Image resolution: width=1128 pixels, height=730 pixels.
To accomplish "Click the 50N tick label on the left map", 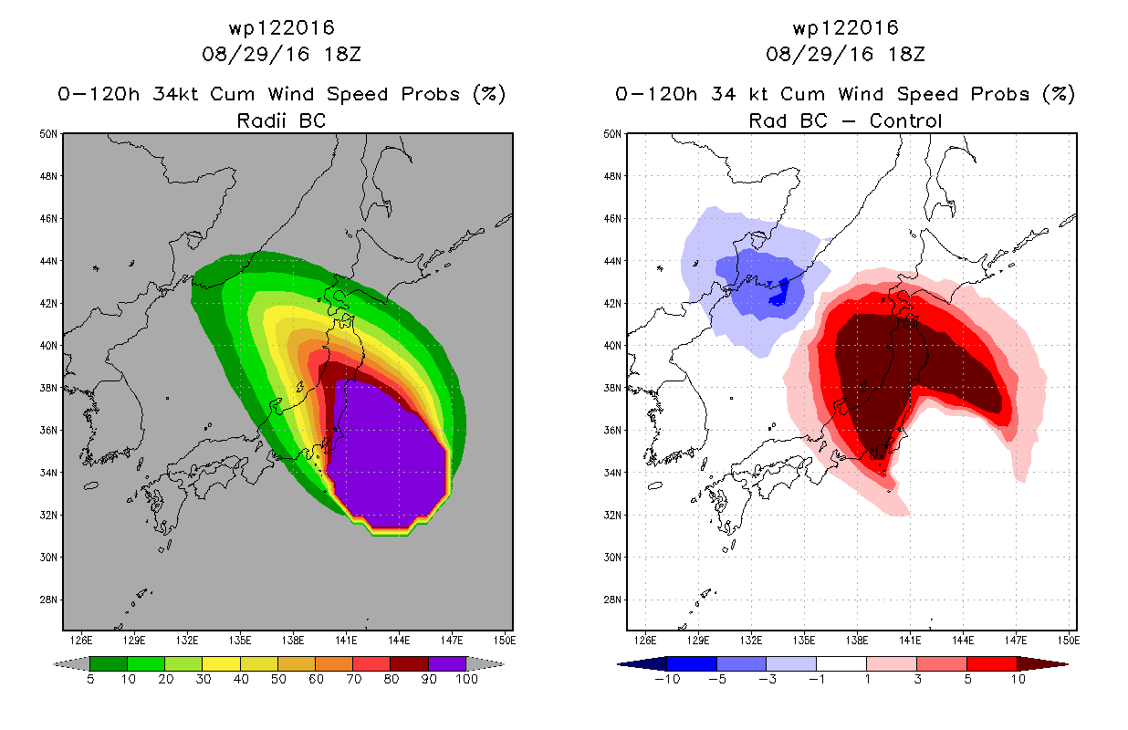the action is (x=48, y=134).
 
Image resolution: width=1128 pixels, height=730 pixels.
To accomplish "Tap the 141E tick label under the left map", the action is (x=346, y=641).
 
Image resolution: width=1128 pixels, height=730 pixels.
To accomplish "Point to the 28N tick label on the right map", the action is (x=612, y=600).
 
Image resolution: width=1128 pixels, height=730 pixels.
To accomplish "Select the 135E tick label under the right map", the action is (x=804, y=641).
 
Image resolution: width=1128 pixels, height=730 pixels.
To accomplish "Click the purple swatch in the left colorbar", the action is (x=447, y=663).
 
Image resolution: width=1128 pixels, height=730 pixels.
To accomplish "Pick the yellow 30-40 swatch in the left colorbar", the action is (x=222, y=663).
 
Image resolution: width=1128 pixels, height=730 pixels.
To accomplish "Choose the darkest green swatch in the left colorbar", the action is (x=109, y=663).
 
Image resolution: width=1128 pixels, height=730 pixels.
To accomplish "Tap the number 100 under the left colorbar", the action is (x=466, y=679).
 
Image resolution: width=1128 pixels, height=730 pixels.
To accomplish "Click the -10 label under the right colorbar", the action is (x=667, y=679).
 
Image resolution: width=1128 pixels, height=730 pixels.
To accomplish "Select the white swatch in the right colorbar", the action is (x=841, y=663).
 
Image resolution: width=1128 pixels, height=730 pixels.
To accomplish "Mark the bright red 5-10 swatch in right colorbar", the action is (x=992, y=663).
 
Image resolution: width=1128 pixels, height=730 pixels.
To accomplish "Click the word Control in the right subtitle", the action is (x=905, y=120).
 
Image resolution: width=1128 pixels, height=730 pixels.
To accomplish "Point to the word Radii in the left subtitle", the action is (x=261, y=120).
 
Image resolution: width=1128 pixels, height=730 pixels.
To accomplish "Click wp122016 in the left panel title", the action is (x=282, y=28).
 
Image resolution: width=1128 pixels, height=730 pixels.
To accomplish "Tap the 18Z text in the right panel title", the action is (x=906, y=54).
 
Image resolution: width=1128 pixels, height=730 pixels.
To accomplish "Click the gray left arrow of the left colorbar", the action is (x=71, y=663).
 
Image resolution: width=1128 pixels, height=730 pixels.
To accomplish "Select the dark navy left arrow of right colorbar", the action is (x=642, y=663).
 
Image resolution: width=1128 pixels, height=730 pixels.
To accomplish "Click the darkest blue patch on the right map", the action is (x=780, y=294).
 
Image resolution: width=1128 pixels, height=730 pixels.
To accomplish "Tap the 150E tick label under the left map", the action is (x=504, y=641).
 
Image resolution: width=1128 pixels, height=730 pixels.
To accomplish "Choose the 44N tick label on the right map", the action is (x=612, y=261).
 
